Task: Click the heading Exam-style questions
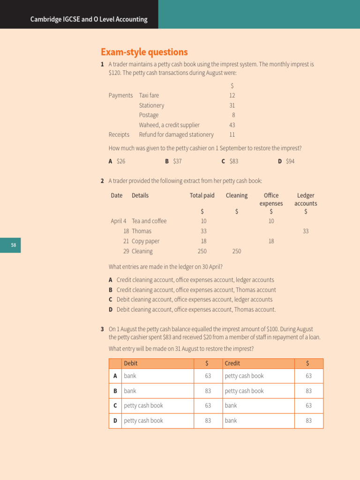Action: (144, 52)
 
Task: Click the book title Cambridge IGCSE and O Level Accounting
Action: (89, 19)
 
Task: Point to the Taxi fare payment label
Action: (149, 95)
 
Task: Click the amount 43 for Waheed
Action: (232, 125)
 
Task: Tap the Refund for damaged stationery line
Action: (176, 135)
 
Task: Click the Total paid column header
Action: (202, 195)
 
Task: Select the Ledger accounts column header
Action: (306, 199)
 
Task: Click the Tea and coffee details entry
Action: (149, 221)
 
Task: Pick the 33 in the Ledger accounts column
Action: (306, 231)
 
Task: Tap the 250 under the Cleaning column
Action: (237, 251)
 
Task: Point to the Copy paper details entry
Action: (145, 241)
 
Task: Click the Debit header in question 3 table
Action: (131, 363)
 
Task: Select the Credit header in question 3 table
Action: (232, 363)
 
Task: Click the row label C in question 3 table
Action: (115, 405)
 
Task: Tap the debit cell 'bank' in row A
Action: (130, 376)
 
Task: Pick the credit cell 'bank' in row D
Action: (231, 420)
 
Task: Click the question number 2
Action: (102, 181)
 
